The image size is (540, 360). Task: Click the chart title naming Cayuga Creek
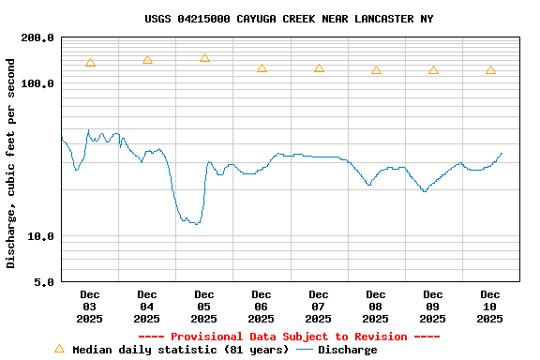(289, 19)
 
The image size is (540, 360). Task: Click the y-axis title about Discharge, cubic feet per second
(11, 163)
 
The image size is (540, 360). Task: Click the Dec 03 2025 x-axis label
(90, 307)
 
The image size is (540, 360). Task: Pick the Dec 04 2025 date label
(147, 307)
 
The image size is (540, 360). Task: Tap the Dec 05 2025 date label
(204, 307)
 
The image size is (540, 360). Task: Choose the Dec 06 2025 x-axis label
(262, 307)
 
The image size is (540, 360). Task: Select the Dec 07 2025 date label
(319, 307)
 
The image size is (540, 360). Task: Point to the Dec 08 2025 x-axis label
(376, 307)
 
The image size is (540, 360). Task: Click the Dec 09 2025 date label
(433, 307)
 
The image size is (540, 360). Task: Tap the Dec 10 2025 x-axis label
(490, 307)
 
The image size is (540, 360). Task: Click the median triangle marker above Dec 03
(90, 63)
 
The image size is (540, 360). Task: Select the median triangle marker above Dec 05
(204, 58)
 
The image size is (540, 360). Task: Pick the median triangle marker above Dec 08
(376, 70)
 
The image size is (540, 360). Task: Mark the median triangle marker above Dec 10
(490, 70)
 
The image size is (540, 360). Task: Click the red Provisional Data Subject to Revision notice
(289, 337)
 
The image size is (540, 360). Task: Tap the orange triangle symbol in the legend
(59, 349)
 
